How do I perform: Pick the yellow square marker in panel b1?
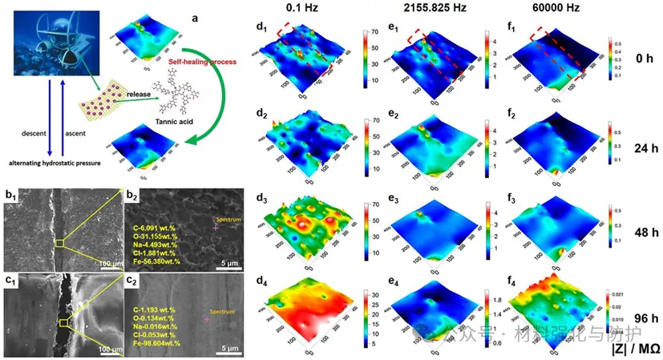tap(59, 243)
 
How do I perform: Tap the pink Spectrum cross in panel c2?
tap(207, 319)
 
